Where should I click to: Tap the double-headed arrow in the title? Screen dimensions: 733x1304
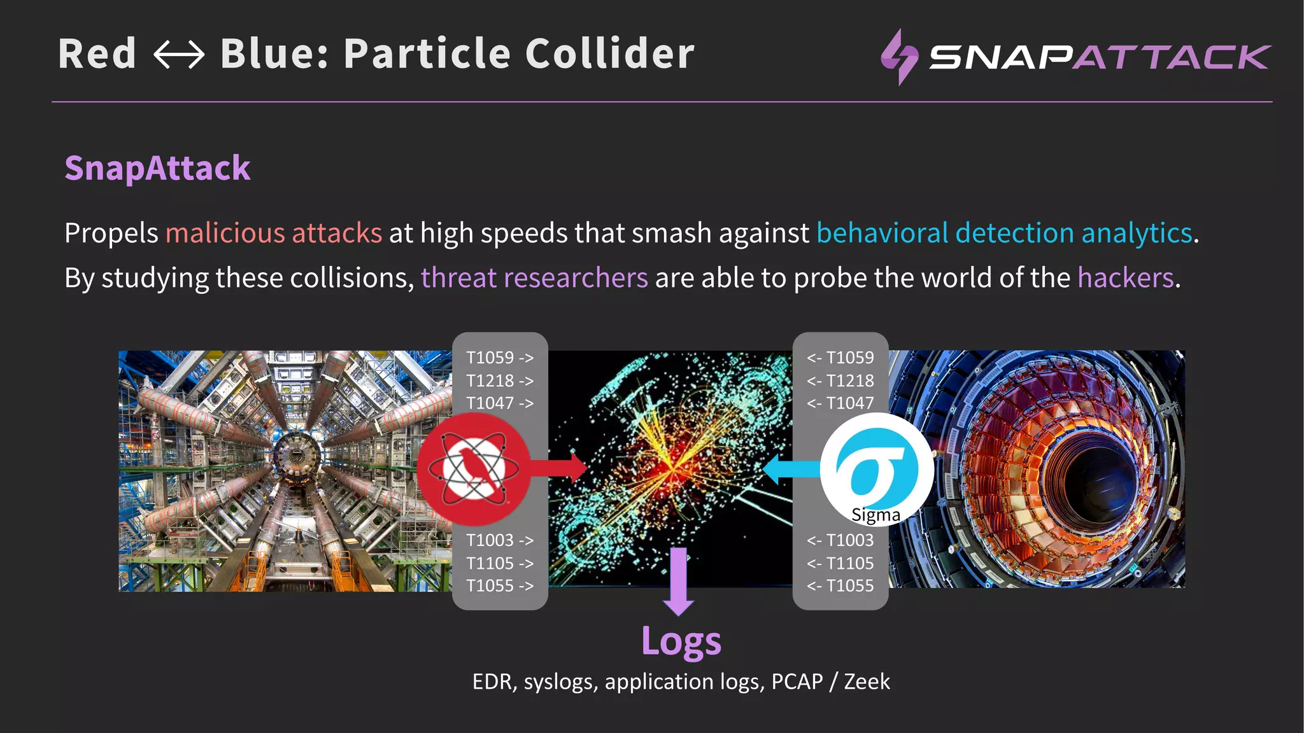pos(179,55)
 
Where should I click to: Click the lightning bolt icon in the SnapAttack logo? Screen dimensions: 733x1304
pos(899,57)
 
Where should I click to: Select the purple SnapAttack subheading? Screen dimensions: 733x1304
pos(157,169)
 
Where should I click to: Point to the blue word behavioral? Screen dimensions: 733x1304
pos(882,233)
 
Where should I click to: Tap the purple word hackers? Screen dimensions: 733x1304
pos(1125,278)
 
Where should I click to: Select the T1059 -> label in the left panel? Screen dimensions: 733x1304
pos(500,358)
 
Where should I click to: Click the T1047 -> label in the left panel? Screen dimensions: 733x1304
pos(500,403)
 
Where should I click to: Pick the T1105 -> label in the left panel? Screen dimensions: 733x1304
pos(500,563)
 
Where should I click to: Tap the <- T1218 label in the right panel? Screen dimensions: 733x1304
pos(840,380)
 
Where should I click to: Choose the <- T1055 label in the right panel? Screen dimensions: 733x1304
pos(840,585)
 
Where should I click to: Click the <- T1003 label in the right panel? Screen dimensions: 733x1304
pos(840,540)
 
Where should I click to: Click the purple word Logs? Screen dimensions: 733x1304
pos(681,641)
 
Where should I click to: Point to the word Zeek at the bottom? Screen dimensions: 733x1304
pos(867,681)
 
